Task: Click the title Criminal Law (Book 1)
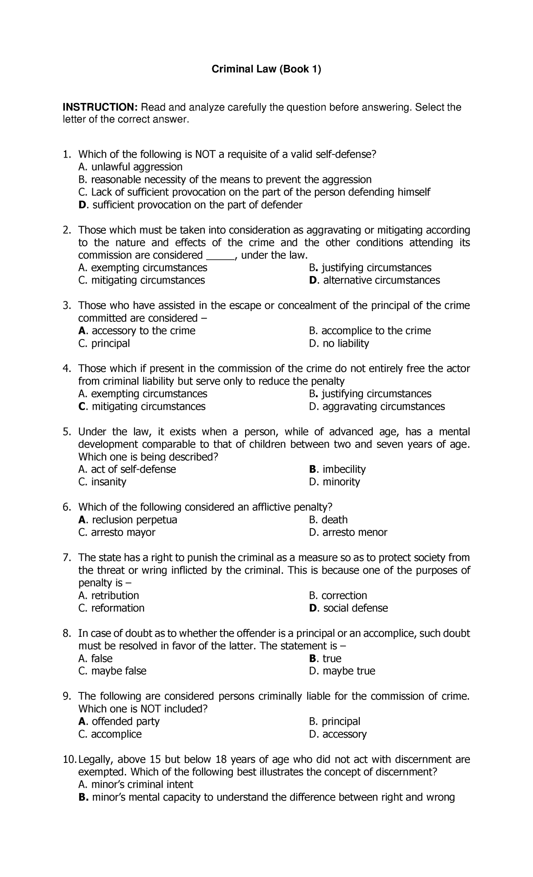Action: tap(266, 69)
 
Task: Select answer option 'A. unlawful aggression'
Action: tap(130, 167)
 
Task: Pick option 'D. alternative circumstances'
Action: tap(374, 280)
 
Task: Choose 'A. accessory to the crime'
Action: tap(137, 331)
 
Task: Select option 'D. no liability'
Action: tap(339, 344)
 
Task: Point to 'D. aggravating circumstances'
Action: tap(377, 407)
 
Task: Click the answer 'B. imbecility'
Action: tap(337, 470)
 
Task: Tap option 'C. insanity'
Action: tap(102, 482)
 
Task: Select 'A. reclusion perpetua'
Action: tap(128, 520)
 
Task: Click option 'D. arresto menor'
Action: tap(348, 533)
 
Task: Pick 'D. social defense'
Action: tap(348, 608)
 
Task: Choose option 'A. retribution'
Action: tap(108, 596)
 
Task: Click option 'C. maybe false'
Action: tap(112, 671)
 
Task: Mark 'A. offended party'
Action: tap(119, 722)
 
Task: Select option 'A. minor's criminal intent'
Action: tap(135, 785)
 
